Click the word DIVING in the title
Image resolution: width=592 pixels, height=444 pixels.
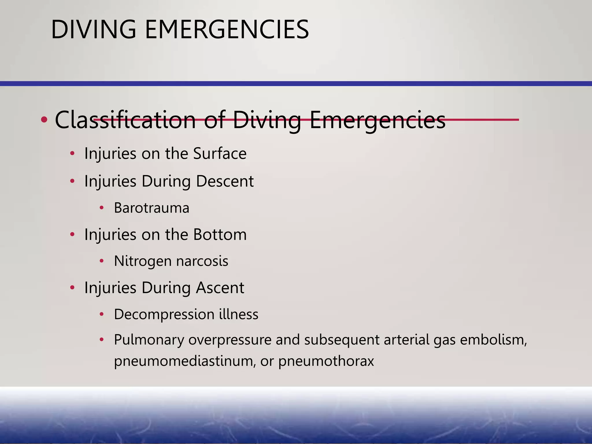pos(93,29)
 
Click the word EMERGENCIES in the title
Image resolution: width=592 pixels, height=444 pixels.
pos(227,29)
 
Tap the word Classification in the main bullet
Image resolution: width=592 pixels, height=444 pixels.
pos(125,120)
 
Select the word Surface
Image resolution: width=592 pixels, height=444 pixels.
pos(220,153)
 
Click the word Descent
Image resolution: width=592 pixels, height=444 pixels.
pos(225,181)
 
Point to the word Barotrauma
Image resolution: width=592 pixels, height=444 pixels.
pos(151,208)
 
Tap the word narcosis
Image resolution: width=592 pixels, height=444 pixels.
pos(202,261)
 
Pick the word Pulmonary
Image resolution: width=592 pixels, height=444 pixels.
pos(149,340)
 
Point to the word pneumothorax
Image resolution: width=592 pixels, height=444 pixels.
pos(326,361)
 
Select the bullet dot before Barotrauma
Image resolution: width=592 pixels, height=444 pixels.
pos(101,208)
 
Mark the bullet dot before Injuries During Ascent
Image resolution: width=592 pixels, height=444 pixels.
pos(72,288)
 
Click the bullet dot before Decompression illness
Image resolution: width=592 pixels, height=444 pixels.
pos(101,314)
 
